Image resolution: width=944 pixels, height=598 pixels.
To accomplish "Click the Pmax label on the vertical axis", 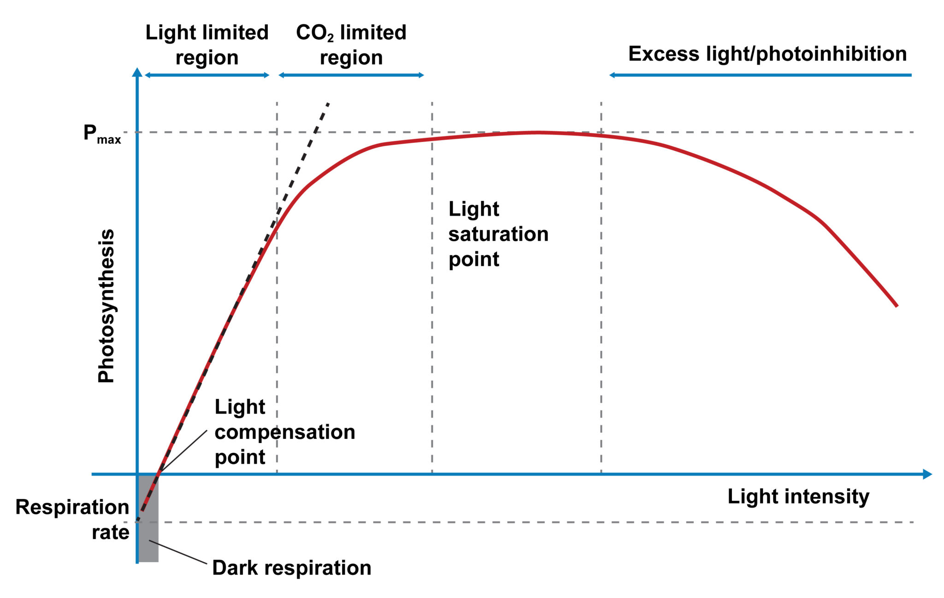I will (x=101, y=134).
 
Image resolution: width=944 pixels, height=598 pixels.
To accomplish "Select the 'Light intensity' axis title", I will (x=798, y=497).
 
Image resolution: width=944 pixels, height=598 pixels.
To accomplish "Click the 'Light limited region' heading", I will (x=207, y=45).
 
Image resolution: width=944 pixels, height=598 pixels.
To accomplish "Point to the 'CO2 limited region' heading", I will (x=351, y=45).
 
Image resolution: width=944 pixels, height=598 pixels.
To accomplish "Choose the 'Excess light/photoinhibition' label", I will (x=767, y=54).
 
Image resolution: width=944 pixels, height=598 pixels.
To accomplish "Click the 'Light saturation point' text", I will (x=498, y=234).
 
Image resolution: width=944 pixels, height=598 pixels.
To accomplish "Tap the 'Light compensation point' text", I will (x=284, y=432).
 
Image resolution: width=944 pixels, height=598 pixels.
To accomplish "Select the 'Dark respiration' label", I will (x=291, y=568).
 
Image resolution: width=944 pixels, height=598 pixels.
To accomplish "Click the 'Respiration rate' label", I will (x=72, y=519).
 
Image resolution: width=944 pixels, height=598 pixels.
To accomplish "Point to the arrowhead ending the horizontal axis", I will (x=927, y=474).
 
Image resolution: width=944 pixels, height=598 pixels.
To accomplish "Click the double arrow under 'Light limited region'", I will (x=207, y=75).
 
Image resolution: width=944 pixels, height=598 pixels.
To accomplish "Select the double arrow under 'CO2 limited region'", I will (x=351, y=75).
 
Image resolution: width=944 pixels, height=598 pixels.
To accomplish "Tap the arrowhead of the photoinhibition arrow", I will (x=613, y=75).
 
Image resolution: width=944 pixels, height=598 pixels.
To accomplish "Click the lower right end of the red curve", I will (x=896, y=305).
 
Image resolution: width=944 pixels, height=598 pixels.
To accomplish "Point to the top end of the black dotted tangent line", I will (x=328, y=103).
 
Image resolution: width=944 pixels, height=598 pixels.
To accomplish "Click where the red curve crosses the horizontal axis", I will (x=159, y=474).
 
